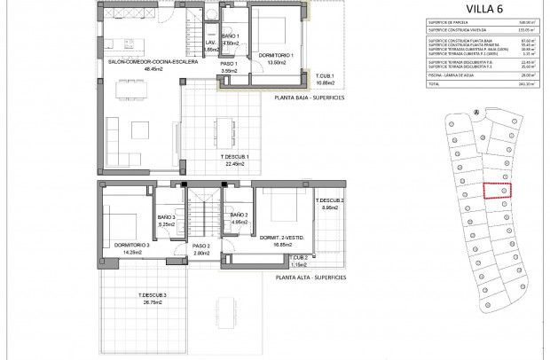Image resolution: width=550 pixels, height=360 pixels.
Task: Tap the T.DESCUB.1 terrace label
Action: pos(235,155)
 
